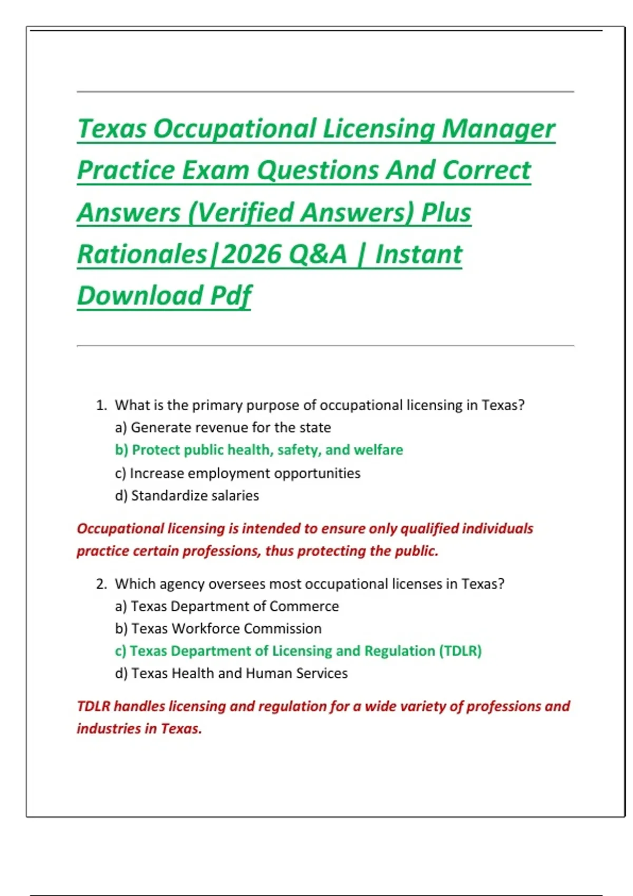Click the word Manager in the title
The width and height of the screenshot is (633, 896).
[498, 129]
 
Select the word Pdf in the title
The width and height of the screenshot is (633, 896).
[231, 296]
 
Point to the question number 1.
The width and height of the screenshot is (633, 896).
[101, 405]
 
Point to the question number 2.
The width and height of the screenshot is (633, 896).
[101, 584]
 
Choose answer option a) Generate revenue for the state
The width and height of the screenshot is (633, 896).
[223, 427]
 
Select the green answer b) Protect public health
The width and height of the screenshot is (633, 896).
[258, 450]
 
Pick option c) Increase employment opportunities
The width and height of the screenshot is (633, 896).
[237, 473]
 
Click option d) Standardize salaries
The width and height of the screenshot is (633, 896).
[187, 496]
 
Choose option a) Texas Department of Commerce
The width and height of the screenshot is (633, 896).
[227, 607]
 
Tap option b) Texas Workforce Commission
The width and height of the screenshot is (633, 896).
[218, 629]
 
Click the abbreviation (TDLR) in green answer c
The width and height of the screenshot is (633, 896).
[460, 651]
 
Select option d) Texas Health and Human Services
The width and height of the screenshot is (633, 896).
[231, 674]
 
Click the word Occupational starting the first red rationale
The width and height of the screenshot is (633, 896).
[120, 529]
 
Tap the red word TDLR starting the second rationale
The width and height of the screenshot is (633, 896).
[93, 706]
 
